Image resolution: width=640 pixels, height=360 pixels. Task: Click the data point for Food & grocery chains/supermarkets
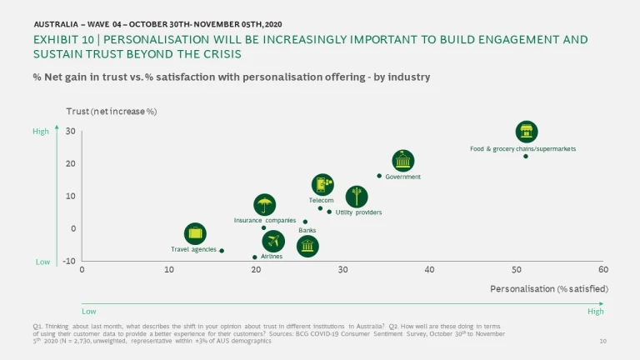coord(526,156)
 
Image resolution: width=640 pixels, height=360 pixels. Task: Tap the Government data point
coord(379,176)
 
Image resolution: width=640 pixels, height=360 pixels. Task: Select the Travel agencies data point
coord(222,250)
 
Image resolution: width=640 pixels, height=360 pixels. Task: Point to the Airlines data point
coord(255,257)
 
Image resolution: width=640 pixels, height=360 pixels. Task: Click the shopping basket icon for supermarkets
coord(526,132)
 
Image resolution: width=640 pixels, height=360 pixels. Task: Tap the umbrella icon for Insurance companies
coord(265,205)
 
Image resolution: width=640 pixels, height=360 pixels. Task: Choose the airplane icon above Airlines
coord(273,242)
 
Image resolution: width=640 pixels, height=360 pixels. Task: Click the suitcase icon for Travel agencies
coord(195,234)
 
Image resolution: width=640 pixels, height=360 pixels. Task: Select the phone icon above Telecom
coord(323,185)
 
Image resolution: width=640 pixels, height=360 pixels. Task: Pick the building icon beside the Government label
coord(403,161)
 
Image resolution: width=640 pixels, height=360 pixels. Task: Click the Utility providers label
coord(358,212)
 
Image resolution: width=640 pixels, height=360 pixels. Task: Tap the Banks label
coord(307,229)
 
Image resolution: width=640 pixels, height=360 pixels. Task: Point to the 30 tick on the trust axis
coord(71,131)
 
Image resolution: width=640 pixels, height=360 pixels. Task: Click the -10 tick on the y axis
coord(69,261)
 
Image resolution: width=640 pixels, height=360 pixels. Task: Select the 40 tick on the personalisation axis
coord(429,269)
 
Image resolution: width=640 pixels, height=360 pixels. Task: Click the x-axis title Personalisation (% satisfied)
coord(549,288)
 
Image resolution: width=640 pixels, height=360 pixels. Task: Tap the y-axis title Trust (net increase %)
coord(112,111)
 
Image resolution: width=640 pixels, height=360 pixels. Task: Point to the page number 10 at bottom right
coord(603,342)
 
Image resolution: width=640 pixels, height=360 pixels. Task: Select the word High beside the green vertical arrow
coord(41,131)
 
